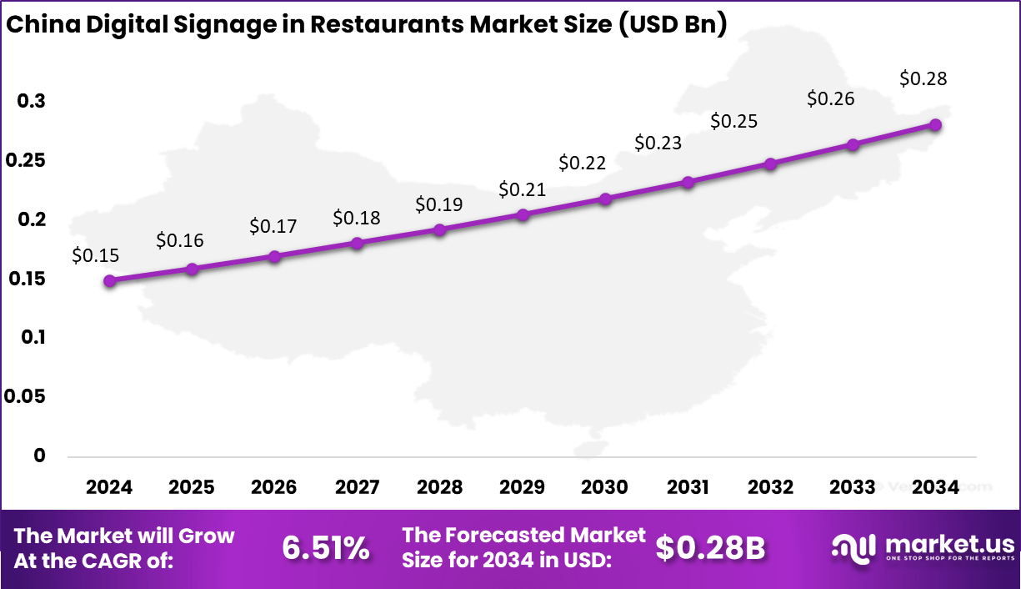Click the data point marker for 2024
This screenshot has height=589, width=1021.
(109, 281)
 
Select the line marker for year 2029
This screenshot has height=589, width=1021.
(523, 215)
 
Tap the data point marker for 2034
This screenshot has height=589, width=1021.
(935, 125)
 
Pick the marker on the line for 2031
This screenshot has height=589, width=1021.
(688, 183)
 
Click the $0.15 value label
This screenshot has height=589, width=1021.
(96, 256)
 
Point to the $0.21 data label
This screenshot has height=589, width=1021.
(522, 189)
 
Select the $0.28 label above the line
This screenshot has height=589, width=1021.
(923, 79)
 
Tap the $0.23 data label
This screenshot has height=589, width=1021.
(658, 143)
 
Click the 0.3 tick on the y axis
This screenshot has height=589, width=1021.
(32, 101)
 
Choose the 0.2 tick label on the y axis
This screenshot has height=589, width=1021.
(32, 219)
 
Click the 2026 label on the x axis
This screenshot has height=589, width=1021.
(274, 487)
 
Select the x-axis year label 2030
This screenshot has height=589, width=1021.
(605, 487)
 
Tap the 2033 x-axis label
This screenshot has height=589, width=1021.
(853, 487)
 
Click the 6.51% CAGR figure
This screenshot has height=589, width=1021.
(325, 548)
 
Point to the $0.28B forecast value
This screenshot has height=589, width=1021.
(710, 548)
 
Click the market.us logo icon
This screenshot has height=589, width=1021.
(853, 546)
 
